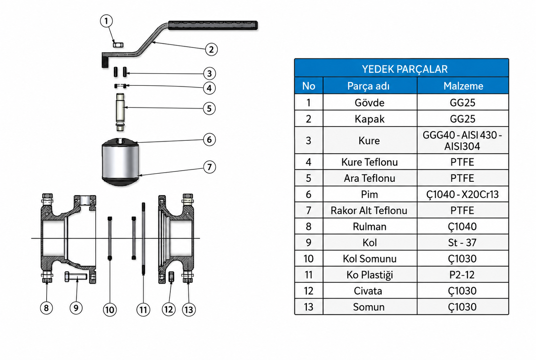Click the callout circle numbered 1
pyautogui.click(x=106, y=21)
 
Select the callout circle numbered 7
pyautogui.click(x=209, y=167)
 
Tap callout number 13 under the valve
pyautogui.click(x=189, y=310)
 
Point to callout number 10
pyautogui.click(x=110, y=310)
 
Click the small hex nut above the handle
pyautogui.click(x=118, y=45)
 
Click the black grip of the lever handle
pyautogui.click(x=213, y=25)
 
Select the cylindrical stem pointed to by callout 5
pyautogui.click(x=120, y=112)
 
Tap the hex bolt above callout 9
pyautogui.click(x=76, y=277)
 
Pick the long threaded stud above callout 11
pyautogui.click(x=143, y=239)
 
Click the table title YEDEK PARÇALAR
pyautogui.click(x=405, y=69)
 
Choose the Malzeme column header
pyautogui.click(x=463, y=86)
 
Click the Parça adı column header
pyautogui.click(x=369, y=86)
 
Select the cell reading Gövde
pyautogui.click(x=370, y=103)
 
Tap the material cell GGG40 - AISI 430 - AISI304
pyautogui.click(x=462, y=140)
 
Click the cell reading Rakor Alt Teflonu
pyautogui.click(x=369, y=210)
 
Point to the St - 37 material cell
pyautogui.click(x=462, y=243)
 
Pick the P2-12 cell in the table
pyautogui.click(x=462, y=275)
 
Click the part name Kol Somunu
pyautogui.click(x=370, y=258)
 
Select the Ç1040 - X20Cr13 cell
pyautogui.click(x=462, y=194)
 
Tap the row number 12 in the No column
pyautogui.click(x=308, y=291)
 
